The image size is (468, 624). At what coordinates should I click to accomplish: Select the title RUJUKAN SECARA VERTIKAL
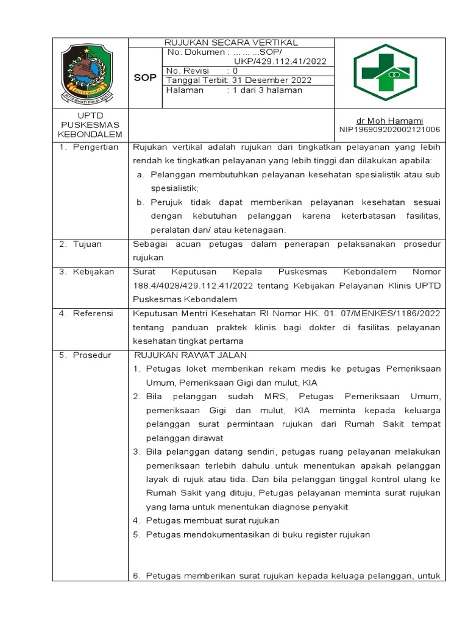pos(231,43)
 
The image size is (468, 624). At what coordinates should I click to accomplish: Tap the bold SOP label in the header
pos(145,78)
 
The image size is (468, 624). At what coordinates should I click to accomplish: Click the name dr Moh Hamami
pos(389,121)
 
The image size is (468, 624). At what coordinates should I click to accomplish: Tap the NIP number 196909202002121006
pos(389,130)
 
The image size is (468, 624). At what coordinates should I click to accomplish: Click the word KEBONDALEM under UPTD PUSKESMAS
pos(90,134)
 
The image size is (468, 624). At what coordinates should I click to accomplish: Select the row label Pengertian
pos(95,147)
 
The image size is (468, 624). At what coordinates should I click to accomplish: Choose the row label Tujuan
pos(88,244)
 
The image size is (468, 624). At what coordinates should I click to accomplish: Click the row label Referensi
pos(93,313)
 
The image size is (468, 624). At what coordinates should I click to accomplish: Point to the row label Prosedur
pos(92,355)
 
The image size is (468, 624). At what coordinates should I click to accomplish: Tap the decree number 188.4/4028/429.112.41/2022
pos(191,286)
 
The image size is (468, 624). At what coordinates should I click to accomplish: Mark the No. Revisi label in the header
pos(188,71)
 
